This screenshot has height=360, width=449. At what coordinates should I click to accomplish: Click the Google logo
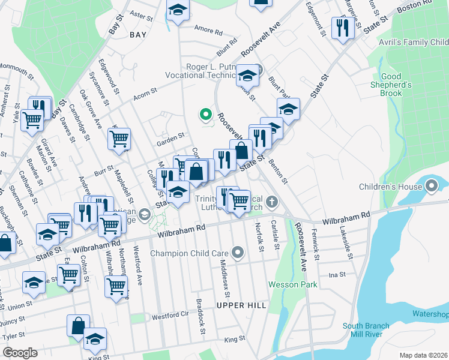pyautogui.click(x=19, y=353)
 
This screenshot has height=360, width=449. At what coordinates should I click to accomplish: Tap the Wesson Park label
pyautogui.click(x=292, y=284)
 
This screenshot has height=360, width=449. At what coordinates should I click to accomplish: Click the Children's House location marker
pyautogui.click(x=432, y=187)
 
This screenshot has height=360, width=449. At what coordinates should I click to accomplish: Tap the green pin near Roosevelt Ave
pyautogui.click(x=205, y=113)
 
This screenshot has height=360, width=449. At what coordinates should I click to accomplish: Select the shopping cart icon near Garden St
pyautogui.click(x=119, y=139)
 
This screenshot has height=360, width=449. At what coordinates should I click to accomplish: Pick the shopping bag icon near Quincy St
pyautogui.click(x=78, y=326)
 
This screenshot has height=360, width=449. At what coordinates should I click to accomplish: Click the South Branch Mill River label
pyautogui.click(x=366, y=331)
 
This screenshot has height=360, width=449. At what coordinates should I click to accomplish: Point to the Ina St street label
pyautogui.click(x=338, y=274)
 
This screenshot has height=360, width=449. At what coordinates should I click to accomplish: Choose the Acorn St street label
pyautogui.click(x=145, y=92)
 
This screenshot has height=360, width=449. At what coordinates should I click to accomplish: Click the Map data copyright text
pyautogui.click(x=424, y=355)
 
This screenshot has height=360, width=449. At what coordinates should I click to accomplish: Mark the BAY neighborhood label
pyautogui.click(x=137, y=35)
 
